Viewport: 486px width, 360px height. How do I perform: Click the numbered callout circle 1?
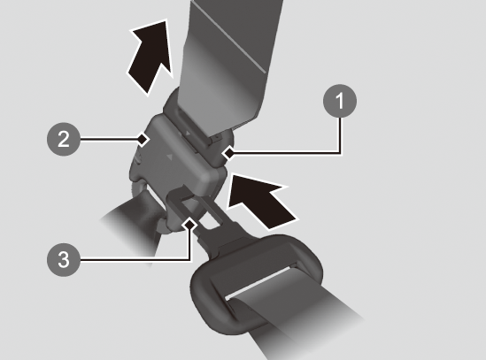click(340, 101)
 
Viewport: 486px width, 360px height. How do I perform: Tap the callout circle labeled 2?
click(64, 139)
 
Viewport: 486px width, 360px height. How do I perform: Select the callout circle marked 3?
click(64, 259)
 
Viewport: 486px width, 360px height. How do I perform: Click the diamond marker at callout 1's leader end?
click(228, 152)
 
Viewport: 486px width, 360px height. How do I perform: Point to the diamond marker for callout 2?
click(143, 139)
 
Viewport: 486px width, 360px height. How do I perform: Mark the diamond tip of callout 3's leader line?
click(189, 224)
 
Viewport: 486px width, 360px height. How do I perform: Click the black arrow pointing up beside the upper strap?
click(150, 57)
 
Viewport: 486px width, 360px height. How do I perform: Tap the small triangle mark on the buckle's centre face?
click(169, 157)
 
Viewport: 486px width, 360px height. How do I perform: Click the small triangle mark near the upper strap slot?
click(188, 134)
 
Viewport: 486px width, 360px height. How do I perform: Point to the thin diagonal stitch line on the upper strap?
click(229, 37)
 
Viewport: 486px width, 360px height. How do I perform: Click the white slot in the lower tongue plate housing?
click(259, 281)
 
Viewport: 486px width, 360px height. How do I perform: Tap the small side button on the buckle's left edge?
click(137, 159)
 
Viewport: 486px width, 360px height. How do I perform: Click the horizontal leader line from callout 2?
click(109, 140)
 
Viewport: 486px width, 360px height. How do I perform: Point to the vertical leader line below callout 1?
click(340, 135)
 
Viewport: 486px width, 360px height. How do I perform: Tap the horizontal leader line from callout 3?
click(135, 260)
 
